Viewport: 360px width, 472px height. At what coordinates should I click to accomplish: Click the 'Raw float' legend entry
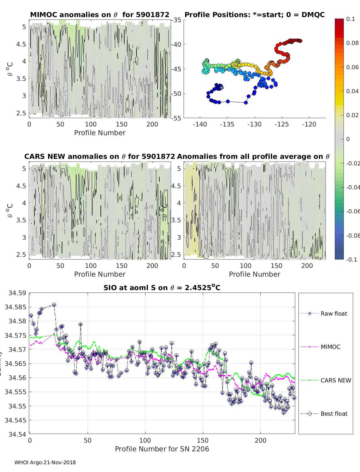[x=334, y=313]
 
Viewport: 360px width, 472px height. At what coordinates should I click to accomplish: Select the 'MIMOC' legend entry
[x=330, y=347]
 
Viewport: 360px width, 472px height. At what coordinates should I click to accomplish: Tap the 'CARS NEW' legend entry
[x=335, y=380]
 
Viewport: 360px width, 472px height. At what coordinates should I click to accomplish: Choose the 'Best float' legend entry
[x=334, y=414]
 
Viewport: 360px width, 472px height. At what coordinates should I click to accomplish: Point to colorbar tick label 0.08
[x=352, y=43]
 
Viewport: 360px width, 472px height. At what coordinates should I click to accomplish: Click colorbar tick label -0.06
[x=352, y=211]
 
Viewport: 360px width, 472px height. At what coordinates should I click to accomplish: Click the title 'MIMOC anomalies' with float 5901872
[x=100, y=15]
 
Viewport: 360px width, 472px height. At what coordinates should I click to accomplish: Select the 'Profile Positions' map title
[x=254, y=15]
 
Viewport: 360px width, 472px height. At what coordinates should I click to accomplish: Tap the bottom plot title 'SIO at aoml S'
[x=162, y=288]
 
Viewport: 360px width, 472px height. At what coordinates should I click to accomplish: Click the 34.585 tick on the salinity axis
[x=15, y=307]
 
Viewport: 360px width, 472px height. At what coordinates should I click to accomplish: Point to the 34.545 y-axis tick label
[x=15, y=420]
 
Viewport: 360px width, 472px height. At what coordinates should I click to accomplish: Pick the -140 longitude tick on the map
[x=200, y=124]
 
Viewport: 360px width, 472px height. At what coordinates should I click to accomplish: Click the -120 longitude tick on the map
[x=309, y=124]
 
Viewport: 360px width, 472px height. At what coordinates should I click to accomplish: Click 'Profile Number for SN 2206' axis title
[x=162, y=449]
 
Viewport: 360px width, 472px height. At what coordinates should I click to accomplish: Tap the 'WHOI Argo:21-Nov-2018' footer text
[x=45, y=462]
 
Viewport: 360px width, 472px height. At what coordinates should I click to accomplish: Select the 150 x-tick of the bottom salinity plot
[x=203, y=440]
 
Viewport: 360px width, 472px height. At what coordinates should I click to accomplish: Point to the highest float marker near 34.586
[x=54, y=305]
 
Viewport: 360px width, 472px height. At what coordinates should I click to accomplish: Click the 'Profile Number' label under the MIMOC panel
[x=100, y=133]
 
